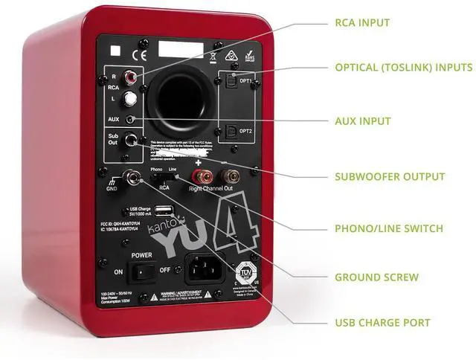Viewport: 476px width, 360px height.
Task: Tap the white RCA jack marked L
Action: (x=132, y=97)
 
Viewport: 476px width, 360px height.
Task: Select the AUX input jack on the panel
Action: (x=132, y=119)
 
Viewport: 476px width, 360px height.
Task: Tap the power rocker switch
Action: (x=142, y=272)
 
